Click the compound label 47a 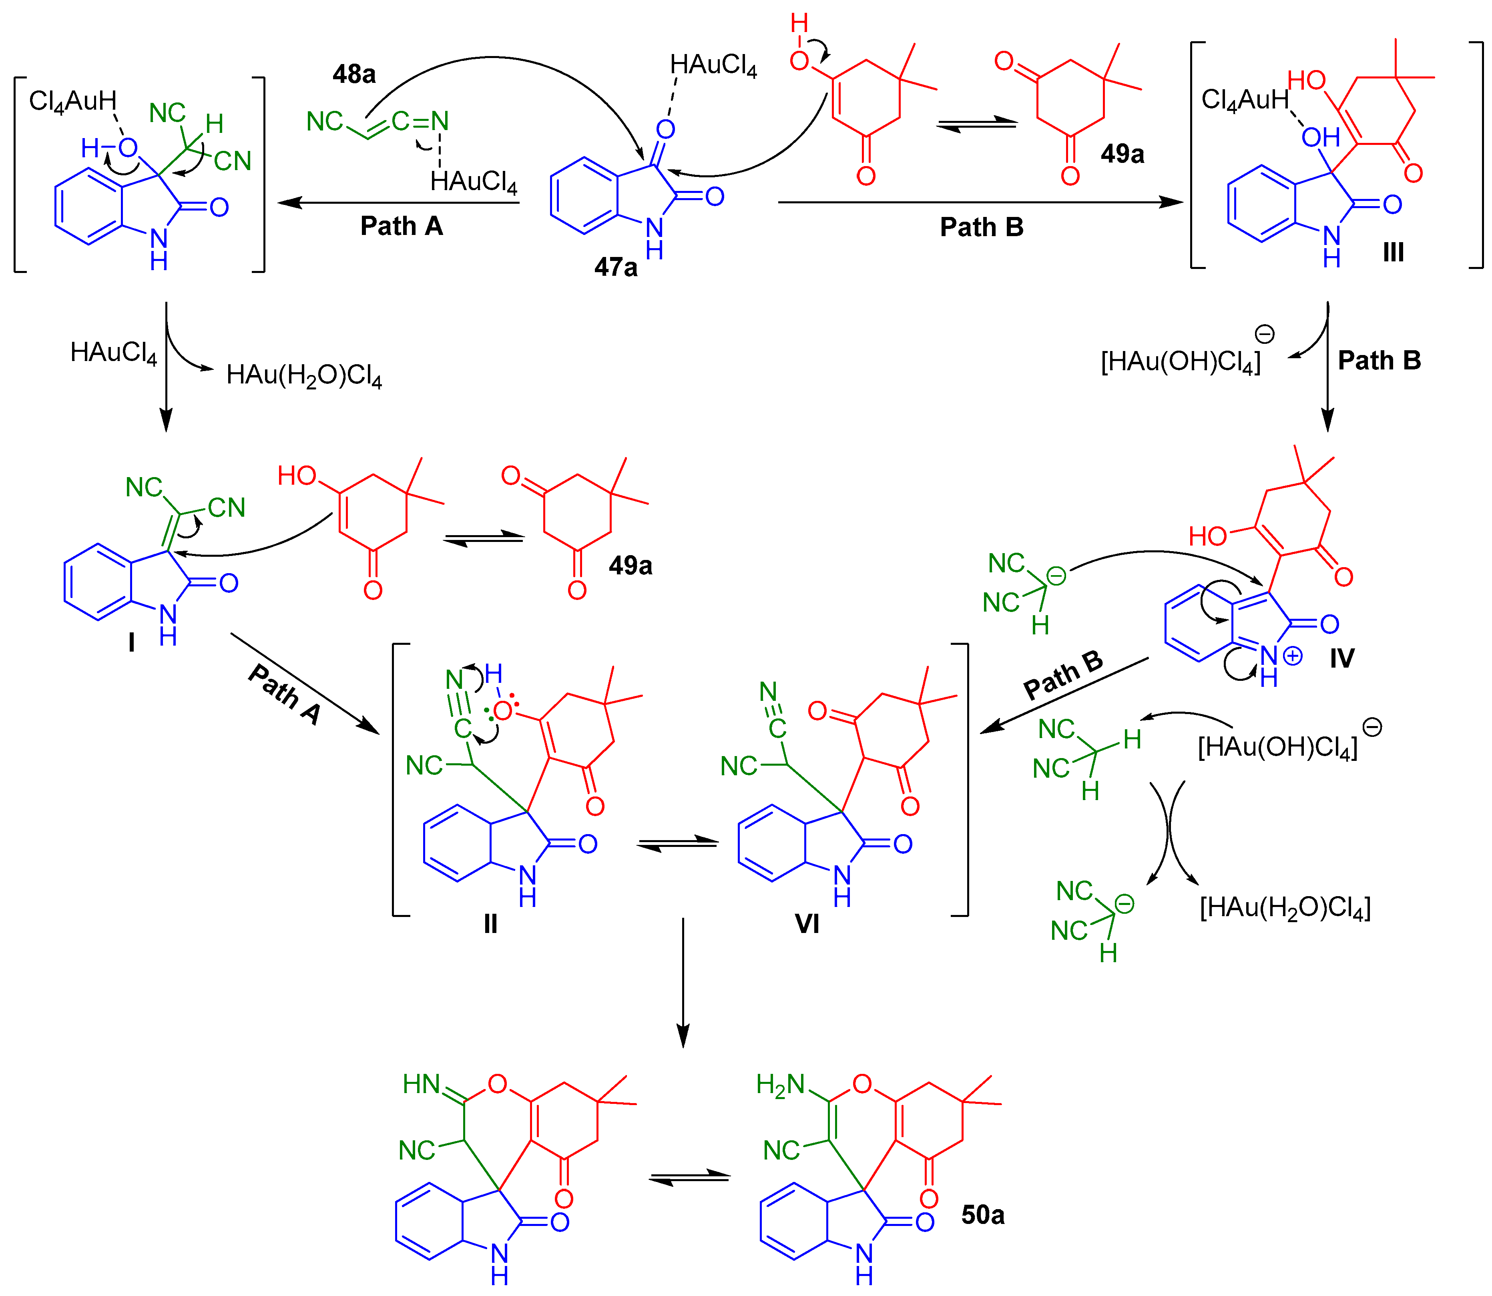pos(615,268)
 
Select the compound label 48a pos(353,74)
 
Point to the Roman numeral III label pos(1393,253)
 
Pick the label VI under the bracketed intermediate pos(807,923)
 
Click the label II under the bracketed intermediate pos(490,923)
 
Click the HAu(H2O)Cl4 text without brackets pos(304,375)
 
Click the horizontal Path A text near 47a pos(402,227)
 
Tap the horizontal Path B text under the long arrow pos(982,227)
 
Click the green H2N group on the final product pos(780,1085)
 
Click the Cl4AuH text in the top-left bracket pos(72,101)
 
